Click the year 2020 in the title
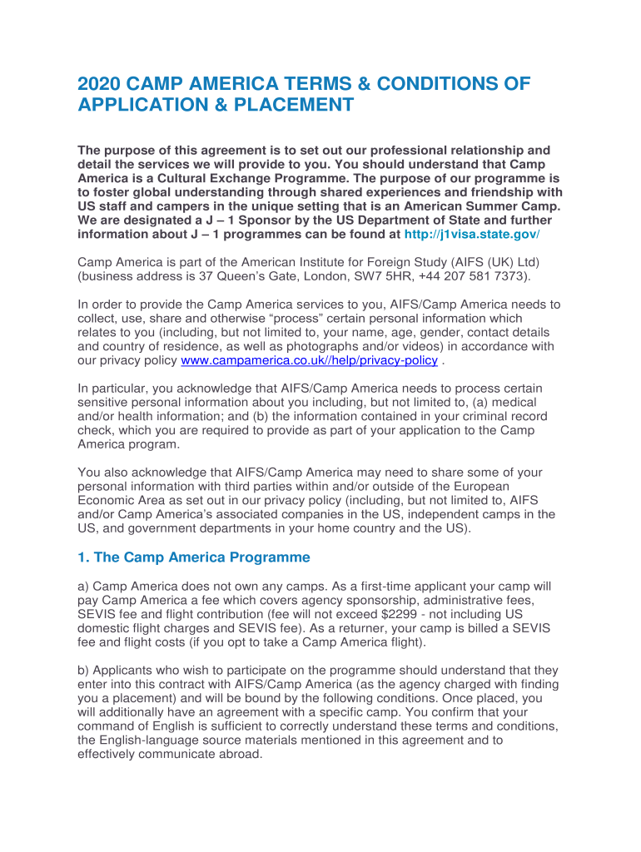click(101, 84)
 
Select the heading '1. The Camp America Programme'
click(193, 557)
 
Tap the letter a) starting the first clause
click(83, 590)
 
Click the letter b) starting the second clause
click(83, 670)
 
